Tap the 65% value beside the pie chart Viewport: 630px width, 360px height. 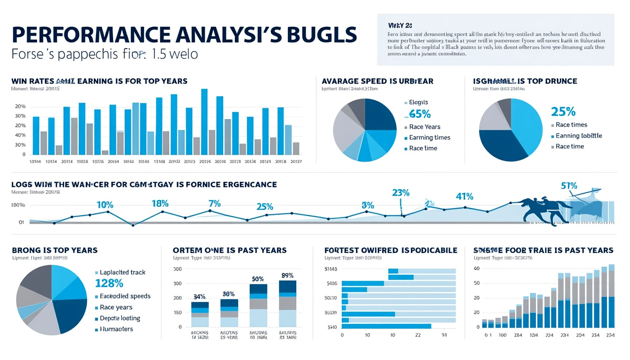tap(420, 114)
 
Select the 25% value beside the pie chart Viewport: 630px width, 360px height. tap(563, 112)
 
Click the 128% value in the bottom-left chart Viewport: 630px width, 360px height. tap(109, 283)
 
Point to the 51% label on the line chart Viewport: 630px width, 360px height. tap(569, 186)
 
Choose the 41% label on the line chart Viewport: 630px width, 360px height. tap(464, 196)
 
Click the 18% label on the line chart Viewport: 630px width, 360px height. tap(160, 204)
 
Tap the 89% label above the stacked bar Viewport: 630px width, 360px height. tap(287, 275)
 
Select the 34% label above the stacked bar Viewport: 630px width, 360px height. tap(200, 296)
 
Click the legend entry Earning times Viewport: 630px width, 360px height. tap(429, 137)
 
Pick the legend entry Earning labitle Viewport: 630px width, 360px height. tap(578, 135)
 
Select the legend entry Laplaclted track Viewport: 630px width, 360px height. tap(122, 272)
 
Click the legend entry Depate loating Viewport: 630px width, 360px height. tap(120, 318)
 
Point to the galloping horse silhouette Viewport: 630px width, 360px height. tap(544, 210)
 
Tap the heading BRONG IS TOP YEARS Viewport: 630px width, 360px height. tap(55, 250)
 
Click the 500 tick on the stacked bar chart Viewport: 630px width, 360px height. tap(177, 269)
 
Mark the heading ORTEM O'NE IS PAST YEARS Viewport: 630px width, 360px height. tap(230, 250)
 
